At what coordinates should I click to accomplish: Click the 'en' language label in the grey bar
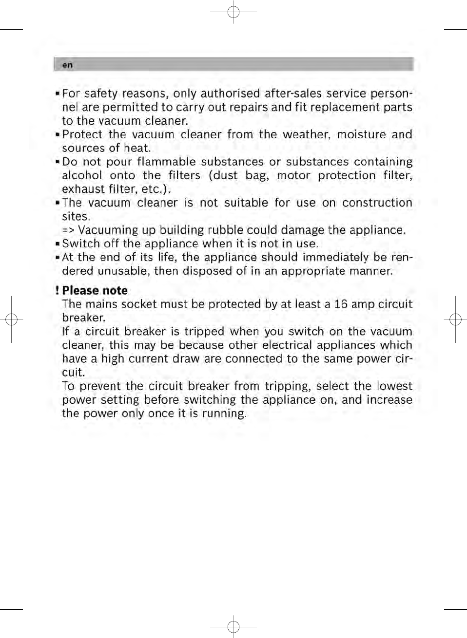pos(67,65)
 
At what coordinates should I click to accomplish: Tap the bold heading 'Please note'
pos(95,291)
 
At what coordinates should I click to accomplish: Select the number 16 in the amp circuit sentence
pos(341,304)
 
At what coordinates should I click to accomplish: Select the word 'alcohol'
pos(82,175)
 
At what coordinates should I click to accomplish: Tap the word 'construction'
pos(377,203)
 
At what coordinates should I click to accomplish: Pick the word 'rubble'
pos(225,230)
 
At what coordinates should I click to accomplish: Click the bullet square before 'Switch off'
pos(58,244)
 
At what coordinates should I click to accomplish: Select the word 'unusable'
pos(123,271)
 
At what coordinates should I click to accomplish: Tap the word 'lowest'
pos(394,386)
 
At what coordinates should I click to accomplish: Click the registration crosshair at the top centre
pos(233,12)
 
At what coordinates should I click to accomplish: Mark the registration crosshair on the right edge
pos(455,319)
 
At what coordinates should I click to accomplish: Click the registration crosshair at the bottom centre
pos(233,626)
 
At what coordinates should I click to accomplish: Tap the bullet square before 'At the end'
pos(58,258)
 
